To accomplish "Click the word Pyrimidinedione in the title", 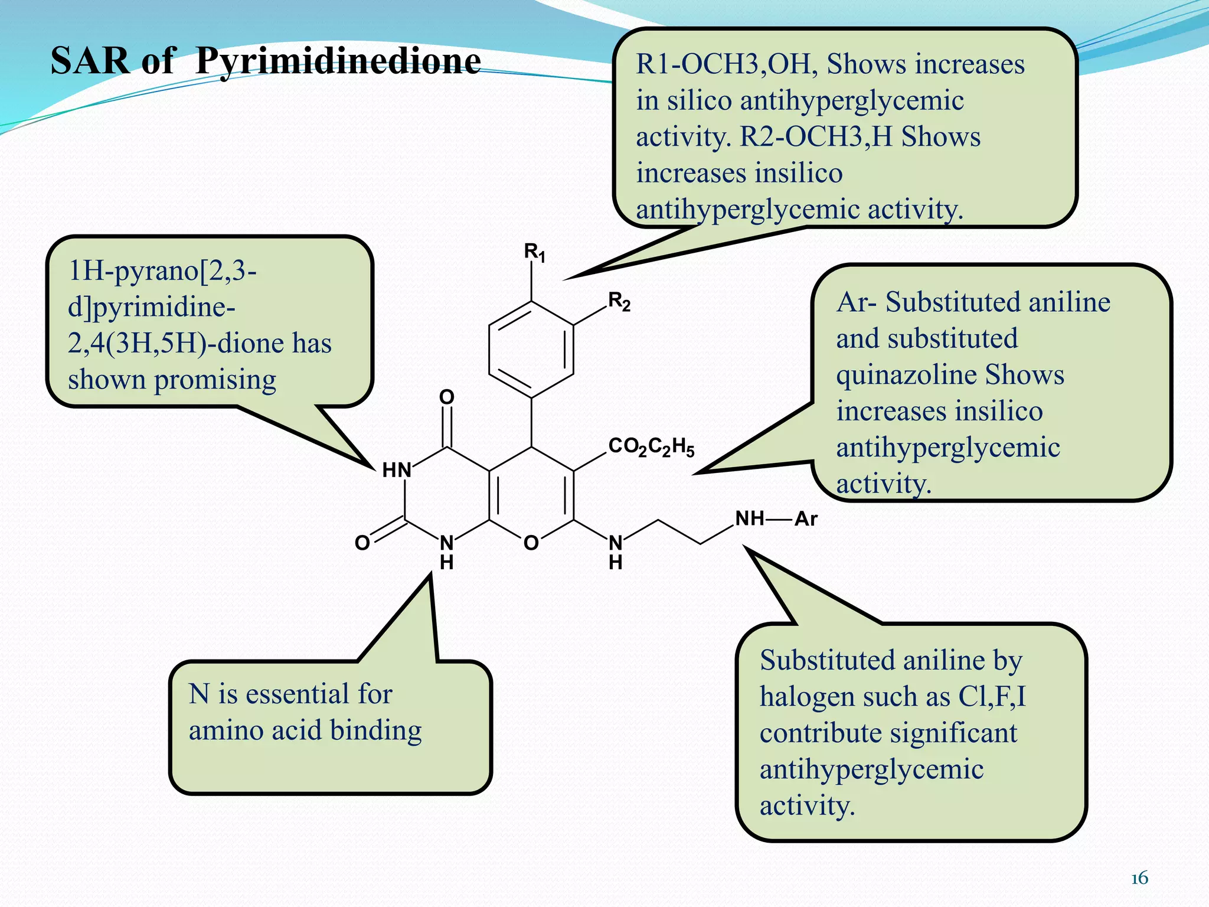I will pos(338,61).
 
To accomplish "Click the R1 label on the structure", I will pos(534,253).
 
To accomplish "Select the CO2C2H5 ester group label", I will pos(651,446).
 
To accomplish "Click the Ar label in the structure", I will pos(806,519).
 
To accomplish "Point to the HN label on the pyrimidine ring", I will pos(396,470).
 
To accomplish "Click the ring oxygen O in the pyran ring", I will pos(531,543).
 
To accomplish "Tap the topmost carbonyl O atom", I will pos(447,397).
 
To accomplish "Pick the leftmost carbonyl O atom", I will pos(362,543).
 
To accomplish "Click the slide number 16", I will pos(1139,878).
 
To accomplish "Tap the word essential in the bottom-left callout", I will pos(289,693).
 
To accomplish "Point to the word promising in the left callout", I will pos(215,380).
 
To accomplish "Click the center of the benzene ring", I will pos(531,350).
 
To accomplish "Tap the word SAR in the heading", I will pos(90,61).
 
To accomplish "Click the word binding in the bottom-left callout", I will pos(375,730).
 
